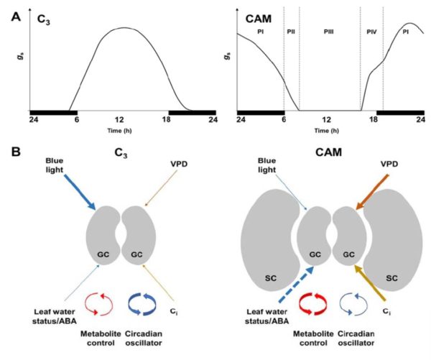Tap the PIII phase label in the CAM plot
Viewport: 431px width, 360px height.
tap(328, 32)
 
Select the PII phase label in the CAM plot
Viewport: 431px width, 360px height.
tap(291, 32)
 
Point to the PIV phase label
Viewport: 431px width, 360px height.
tap(371, 32)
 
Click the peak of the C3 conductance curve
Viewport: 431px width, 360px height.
tap(119, 29)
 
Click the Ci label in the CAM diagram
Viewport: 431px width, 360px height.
tap(389, 313)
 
